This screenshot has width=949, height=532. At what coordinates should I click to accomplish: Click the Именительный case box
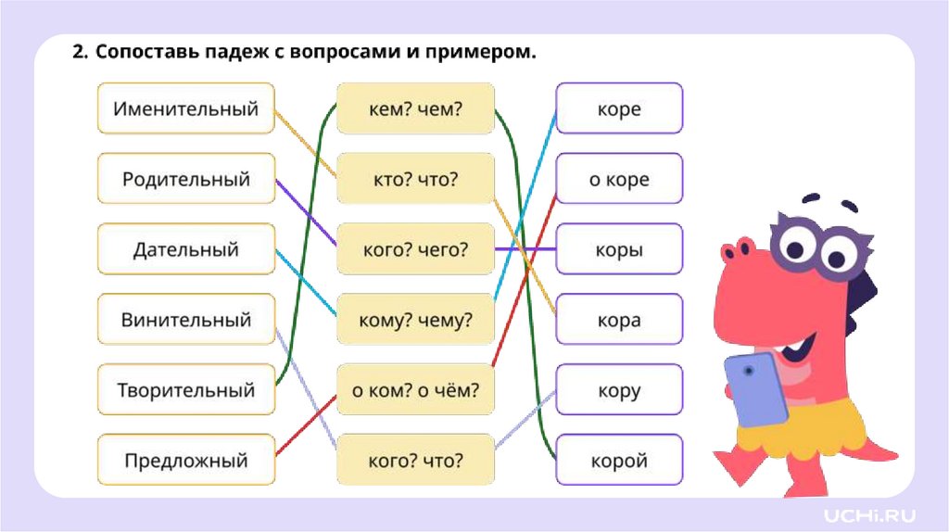coord(185,108)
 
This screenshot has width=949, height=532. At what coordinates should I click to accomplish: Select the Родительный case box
coord(185,179)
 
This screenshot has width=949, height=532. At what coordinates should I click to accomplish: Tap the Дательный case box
coord(185,249)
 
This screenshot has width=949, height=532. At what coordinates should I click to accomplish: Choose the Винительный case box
coord(185,320)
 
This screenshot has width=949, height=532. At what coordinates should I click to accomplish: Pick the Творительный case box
coord(185,390)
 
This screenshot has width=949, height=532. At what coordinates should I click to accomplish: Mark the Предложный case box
coord(185,460)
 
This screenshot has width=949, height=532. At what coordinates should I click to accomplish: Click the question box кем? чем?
coord(415,108)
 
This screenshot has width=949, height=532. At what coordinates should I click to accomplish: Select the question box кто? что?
coord(415,179)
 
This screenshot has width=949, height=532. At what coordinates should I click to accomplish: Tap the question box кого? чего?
coord(415,249)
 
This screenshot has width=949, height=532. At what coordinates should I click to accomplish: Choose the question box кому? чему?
coord(415,320)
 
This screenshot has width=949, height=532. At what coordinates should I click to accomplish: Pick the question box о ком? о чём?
coord(415,390)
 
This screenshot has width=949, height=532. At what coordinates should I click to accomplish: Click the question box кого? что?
coord(415,460)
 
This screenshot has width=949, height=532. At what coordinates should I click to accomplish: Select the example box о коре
coord(619,179)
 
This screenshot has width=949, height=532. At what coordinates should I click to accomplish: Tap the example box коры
coord(619,249)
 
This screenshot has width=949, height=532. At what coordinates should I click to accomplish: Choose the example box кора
coord(619,320)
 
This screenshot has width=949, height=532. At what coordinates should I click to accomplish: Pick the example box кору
coord(619,390)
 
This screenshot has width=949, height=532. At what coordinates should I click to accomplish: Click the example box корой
coord(619,460)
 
